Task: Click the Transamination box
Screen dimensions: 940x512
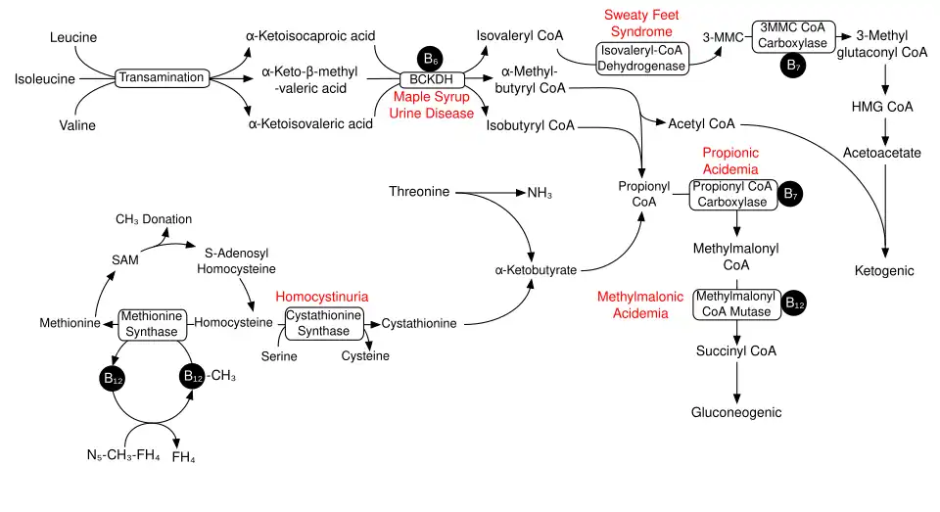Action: [162, 78]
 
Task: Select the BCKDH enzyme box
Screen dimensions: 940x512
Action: [432, 79]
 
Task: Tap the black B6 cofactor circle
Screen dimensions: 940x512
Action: [430, 58]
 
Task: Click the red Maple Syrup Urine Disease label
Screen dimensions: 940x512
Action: [432, 105]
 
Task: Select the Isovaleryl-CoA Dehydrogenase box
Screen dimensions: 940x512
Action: [642, 58]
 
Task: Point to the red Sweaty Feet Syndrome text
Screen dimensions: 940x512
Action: [641, 23]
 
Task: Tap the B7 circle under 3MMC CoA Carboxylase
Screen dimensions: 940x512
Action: [793, 66]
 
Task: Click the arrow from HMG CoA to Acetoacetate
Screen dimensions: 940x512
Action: [885, 131]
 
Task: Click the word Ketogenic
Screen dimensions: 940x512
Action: [884, 271]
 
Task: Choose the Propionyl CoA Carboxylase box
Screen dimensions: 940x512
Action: [733, 194]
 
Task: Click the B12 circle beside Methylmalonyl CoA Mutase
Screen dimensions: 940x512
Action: [794, 303]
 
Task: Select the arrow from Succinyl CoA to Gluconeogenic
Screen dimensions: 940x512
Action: [736, 382]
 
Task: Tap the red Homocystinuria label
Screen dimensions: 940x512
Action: [322, 297]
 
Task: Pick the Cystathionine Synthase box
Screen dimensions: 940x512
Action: [324, 324]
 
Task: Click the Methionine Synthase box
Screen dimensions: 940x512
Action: [153, 324]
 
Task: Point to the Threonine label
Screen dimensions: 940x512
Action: [419, 192]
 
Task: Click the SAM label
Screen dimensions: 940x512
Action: [124, 260]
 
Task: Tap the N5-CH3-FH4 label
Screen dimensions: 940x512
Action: [123, 455]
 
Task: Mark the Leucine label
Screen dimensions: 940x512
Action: [73, 38]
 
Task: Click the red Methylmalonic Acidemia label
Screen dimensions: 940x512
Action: [640, 305]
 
